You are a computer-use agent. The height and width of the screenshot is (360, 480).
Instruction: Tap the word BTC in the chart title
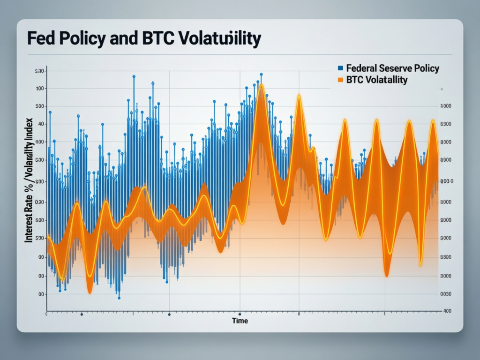coord(149,38)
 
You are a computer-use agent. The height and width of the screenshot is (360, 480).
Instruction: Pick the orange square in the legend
coord(341,80)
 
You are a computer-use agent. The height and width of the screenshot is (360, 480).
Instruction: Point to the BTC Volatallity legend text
coord(377,80)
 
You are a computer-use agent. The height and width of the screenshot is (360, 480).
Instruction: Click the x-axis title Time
coord(240,321)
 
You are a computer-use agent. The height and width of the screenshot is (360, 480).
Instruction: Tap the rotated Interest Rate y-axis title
coord(29,180)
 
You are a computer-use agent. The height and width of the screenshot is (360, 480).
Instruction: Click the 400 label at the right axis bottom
coord(447,311)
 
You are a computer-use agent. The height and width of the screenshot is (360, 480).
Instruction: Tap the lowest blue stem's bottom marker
coord(119,298)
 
